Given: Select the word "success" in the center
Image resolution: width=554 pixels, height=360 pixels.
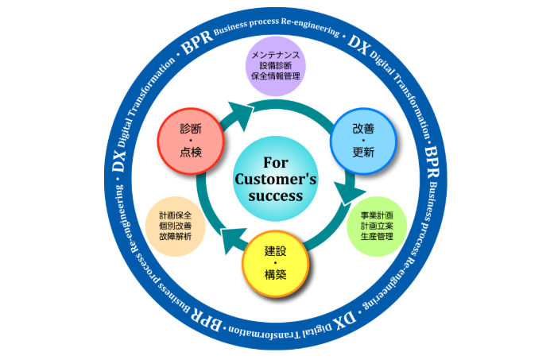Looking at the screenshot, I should tap(276, 195).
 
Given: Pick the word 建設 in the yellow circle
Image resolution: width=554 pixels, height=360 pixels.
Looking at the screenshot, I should tap(275, 250).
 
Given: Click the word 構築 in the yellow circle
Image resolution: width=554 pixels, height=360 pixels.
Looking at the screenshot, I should tap(275, 276).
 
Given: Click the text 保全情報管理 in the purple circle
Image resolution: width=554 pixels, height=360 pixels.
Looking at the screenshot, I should tap(275, 78).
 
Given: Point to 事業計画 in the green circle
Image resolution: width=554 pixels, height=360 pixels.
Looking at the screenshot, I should tap(377, 215).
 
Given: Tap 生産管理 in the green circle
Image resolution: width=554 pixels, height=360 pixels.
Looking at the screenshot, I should tap(377, 237).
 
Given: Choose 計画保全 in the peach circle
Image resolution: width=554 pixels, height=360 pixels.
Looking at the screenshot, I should tap(176, 215).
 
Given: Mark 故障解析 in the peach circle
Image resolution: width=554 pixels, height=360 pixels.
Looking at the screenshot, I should tap(176, 237).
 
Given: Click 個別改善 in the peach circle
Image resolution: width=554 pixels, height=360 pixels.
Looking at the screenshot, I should tap(176, 226).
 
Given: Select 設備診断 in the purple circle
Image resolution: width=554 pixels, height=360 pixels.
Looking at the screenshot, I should tap(275, 67).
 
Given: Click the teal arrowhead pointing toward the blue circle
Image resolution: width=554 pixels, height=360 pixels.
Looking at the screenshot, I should tap(242, 109).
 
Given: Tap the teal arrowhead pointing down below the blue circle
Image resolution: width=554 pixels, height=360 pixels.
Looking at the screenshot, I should tap(347, 194).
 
